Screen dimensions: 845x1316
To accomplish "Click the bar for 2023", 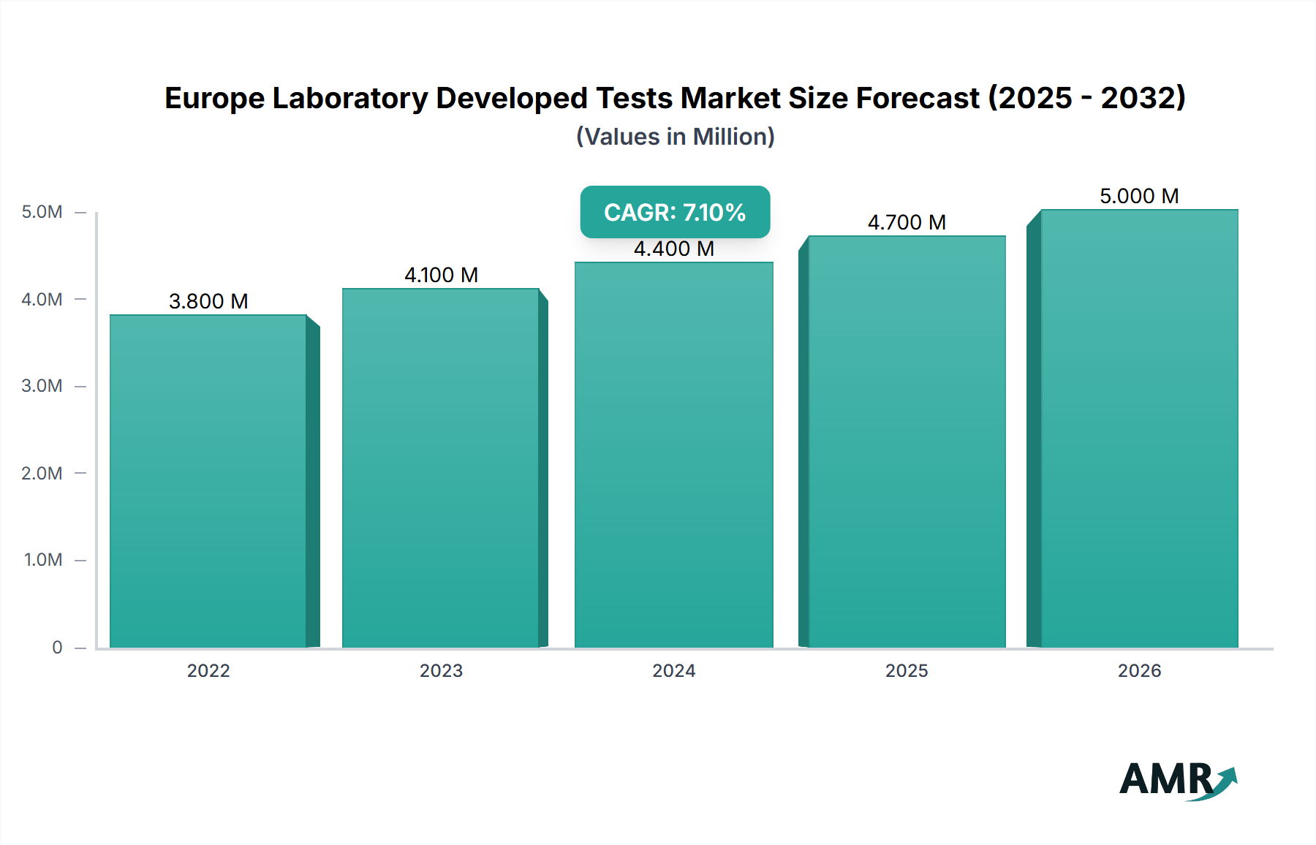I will [441, 468].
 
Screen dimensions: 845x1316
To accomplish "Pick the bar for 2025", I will [907, 442].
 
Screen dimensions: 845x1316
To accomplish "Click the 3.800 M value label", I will [208, 301].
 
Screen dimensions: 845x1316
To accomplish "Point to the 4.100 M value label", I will [441, 275].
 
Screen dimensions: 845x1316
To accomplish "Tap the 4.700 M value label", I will [907, 222].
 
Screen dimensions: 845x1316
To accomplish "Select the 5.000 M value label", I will [1139, 196].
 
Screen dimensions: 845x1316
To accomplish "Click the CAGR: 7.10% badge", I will [675, 212].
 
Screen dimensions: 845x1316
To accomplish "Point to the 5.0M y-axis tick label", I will [42, 212].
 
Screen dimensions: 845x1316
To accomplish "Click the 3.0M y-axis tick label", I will [42, 386].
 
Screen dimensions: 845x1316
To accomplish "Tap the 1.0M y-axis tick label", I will [43, 560].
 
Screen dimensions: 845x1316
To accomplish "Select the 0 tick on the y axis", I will [57, 647].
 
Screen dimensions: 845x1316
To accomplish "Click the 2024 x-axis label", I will [673, 670].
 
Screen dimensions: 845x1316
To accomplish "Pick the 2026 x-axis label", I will [1139, 670].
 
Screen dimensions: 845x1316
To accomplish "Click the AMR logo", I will [1177, 780].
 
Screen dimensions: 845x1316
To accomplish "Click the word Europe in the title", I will [213, 99].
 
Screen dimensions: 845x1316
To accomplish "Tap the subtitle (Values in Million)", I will [675, 137].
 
